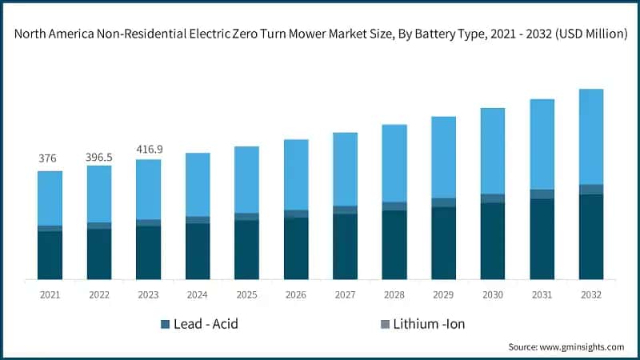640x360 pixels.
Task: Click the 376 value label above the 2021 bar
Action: (48, 158)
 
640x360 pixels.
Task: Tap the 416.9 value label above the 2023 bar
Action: (148, 149)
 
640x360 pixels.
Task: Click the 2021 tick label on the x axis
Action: (50, 295)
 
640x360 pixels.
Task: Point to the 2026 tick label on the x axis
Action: (296, 295)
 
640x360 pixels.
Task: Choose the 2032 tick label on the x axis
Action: (590, 295)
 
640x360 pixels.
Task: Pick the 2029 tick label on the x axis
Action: (443, 295)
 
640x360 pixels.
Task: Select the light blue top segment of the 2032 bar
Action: (590, 136)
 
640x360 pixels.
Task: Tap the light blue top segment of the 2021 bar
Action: (50, 198)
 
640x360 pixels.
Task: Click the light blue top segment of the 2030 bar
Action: (492, 150)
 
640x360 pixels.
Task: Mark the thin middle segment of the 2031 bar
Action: (542, 194)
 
